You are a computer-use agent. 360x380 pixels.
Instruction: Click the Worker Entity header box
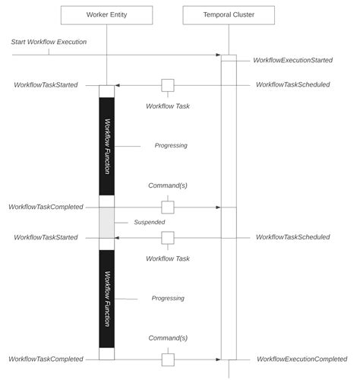click(x=106, y=14)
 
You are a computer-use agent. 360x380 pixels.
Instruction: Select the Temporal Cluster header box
click(x=229, y=14)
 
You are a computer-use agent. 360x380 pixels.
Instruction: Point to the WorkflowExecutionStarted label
click(x=292, y=59)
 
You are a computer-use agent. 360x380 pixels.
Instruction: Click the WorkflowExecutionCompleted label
click(x=302, y=359)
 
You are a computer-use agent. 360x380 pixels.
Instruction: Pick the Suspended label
click(x=149, y=223)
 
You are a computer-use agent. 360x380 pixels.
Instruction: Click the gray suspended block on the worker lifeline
click(x=106, y=222)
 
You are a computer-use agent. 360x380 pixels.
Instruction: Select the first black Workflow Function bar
click(x=106, y=146)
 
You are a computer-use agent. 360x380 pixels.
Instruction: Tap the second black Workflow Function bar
click(x=106, y=299)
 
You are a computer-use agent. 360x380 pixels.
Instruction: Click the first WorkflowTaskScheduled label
click(x=292, y=84)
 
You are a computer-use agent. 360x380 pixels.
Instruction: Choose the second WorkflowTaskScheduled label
click(x=292, y=237)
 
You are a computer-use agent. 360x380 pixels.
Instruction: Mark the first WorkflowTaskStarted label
click(x=46, y=84)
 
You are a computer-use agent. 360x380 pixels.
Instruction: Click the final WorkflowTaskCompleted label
click(x=46, y=359)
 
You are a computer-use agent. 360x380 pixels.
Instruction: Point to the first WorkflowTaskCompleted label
click(x=46, y=207)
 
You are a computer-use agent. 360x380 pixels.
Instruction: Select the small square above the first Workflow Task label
click(x=167, y=85)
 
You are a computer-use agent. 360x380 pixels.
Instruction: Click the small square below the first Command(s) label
click(x=167, y=207)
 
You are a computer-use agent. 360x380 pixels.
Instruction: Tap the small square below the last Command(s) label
click(x=167, y=359)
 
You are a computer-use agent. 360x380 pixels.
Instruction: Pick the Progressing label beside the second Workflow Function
click(x=168, y=299)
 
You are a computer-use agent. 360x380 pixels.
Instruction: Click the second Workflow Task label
click(x=167, y=258)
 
